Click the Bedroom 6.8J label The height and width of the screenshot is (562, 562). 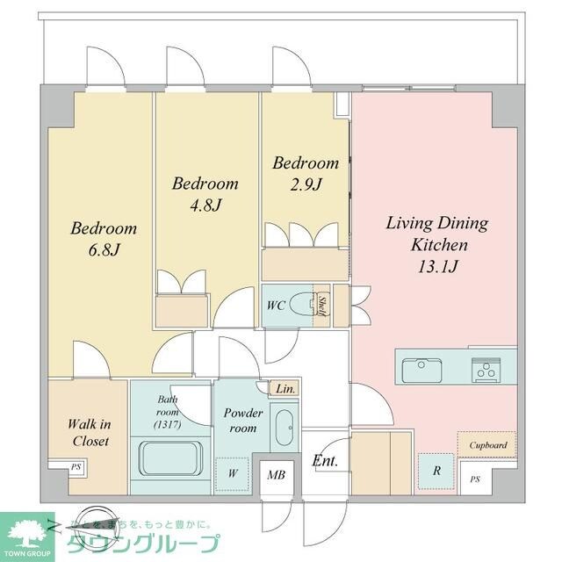click(104, 239)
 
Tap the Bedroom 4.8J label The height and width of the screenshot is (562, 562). click(205, 194)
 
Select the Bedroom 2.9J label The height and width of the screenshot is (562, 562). click(305, 173)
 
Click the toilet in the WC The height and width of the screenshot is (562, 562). click(304, 305)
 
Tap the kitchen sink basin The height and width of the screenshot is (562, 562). click(421, 370)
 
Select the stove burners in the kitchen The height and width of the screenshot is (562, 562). click(484, 370)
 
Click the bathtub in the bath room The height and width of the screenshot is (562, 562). click(169, 457)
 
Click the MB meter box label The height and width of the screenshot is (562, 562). click(277, 475)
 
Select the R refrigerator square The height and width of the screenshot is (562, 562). click(436, 470)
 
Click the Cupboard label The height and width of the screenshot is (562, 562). click(487, 445)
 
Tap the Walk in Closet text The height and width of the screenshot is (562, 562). click(89, 433)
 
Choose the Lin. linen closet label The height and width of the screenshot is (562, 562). click(285, 387)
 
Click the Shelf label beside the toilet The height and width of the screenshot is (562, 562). click(322, 306)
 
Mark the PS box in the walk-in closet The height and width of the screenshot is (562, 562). click(76, 468)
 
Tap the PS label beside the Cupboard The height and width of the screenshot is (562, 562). click(475, 479)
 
